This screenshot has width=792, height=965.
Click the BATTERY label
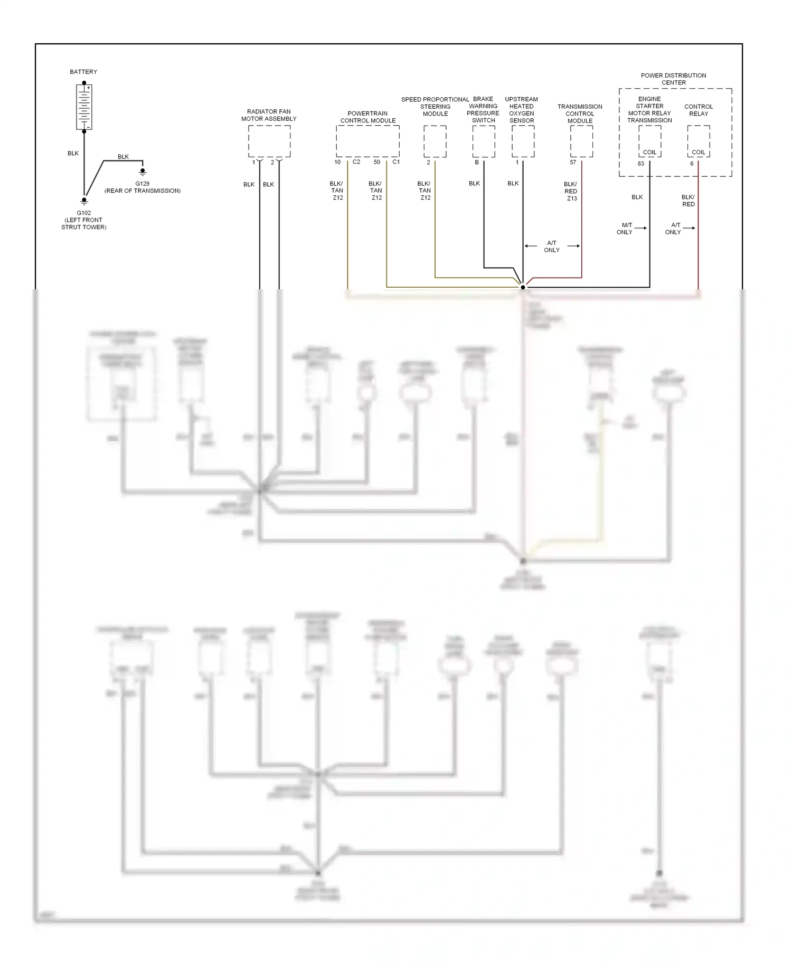[x=83, y=72]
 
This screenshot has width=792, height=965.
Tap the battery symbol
[x=84, y=107]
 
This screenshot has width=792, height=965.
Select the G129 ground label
[x=142, y=184]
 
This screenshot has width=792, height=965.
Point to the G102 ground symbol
[x=84, y=201]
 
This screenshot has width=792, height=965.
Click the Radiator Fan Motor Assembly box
[x=269, y=141]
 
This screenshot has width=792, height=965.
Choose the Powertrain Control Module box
[x=367, y=141]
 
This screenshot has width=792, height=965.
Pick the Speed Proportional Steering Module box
[x=435, y=141]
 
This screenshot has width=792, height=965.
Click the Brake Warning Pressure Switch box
[x=484, y=141]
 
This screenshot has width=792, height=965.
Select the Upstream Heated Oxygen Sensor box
[x=523, y=141]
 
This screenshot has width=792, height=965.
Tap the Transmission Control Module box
[x=581, y=141]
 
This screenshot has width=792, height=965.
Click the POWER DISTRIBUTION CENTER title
[x=673, y=79]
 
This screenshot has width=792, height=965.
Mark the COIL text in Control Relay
[x=699, y=152]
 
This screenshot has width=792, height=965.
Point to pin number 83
[x=641, y=164]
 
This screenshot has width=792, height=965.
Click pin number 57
[x=573, y=163]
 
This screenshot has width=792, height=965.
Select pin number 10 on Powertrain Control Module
[x=337, y=162]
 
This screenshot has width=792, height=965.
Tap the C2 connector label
[x=356, y=162]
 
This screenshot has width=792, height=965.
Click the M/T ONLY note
[x=625, y=229]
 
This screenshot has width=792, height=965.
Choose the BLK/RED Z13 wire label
[x=571, y=191]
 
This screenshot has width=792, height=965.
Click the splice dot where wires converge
[x=523, y=287]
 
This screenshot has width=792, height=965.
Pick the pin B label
[x=477, y=163]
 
